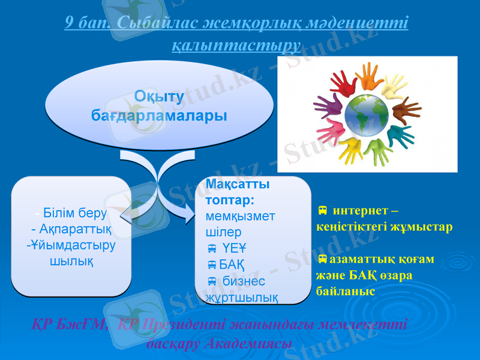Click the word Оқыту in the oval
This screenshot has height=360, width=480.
pyautogui.click(x=158, y=96)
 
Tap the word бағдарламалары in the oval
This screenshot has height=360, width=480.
pyautogui.click(x=158, y=114)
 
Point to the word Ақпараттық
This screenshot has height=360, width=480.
pyautogui.click(x=71, y=229)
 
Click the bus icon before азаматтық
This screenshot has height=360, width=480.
pyautogui.click(x=322, y=259)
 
